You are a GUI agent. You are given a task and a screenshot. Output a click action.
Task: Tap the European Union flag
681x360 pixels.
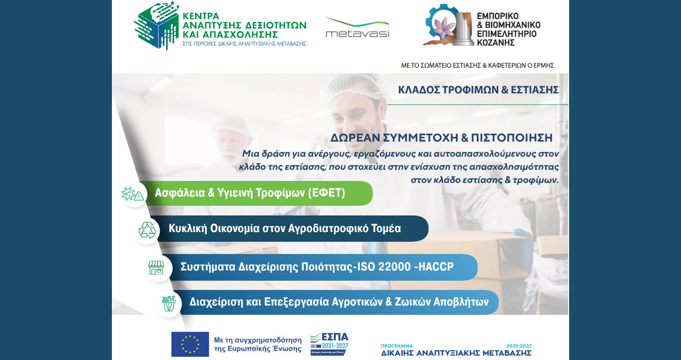click(190, 344)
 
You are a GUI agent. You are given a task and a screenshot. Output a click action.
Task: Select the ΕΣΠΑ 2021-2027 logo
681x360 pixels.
click(329, 343)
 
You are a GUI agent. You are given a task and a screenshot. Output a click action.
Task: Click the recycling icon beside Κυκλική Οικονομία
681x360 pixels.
click(147, 230)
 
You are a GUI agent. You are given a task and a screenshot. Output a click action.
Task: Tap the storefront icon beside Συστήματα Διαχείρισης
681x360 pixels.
click(157, 268)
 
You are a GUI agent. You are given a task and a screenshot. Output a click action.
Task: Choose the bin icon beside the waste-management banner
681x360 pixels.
click(168, 304)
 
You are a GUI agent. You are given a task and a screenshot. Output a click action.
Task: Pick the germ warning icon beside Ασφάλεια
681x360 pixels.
click(133, 194)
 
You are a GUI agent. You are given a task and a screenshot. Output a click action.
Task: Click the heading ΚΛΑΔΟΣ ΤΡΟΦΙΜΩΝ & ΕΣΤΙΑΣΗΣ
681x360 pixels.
click(478, 90)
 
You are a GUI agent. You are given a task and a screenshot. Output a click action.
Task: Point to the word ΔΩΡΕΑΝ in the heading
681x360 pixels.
click(353, 138)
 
